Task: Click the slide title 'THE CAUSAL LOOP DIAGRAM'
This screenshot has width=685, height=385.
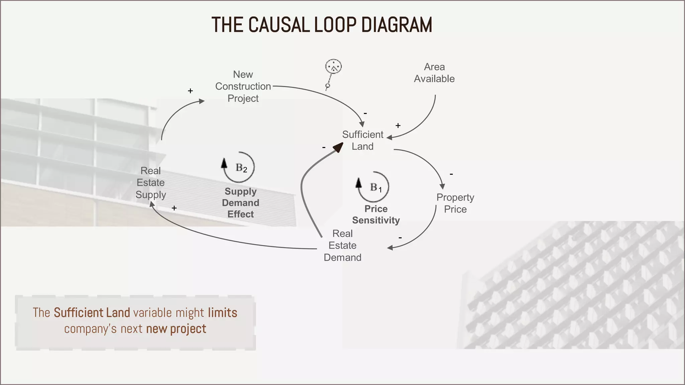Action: (322, 25)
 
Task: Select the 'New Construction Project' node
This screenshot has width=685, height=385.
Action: (243, 86)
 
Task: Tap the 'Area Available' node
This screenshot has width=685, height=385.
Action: (434, 73)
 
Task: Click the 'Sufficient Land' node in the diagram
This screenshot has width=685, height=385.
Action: (363, 140)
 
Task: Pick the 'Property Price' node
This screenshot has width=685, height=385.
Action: (455, 203)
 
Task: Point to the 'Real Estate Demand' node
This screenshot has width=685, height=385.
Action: (342, 245)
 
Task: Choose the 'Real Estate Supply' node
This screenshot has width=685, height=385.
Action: (151, 182)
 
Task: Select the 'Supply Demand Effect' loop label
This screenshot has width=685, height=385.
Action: (240, 203)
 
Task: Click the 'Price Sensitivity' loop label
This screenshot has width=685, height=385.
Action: (376, 215)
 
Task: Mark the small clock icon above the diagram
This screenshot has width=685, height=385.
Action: (333, 67)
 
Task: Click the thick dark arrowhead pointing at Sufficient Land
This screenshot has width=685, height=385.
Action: (338, 147)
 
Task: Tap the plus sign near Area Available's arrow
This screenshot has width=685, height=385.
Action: (398, 126)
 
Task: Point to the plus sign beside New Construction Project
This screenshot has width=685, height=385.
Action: (190, 91)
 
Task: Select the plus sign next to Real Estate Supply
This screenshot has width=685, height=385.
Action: (174, 208)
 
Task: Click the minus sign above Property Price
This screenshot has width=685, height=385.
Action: (451, 174)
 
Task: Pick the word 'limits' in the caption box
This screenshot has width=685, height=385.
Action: (222, 313)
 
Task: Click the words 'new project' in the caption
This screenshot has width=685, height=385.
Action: (176, 329)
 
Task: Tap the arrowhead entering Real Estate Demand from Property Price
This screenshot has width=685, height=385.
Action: (390, 248)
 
